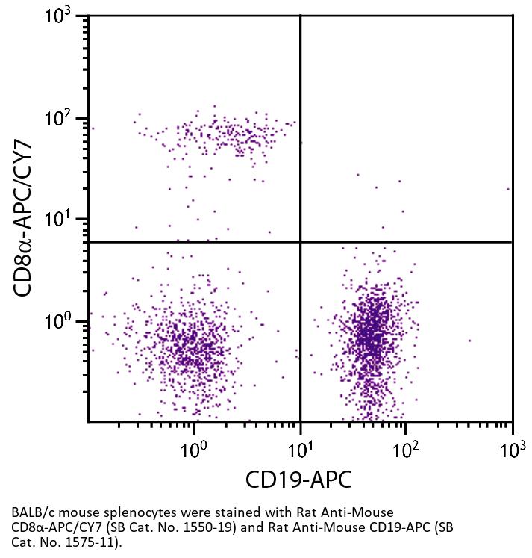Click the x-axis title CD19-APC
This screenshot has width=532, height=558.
(x=299, y=480)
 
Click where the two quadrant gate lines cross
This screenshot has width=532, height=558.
(x=301, y=242)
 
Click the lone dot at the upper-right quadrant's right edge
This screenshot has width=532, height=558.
(x=508, y=189)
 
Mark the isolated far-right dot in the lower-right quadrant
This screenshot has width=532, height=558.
(x=469, y=341)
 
